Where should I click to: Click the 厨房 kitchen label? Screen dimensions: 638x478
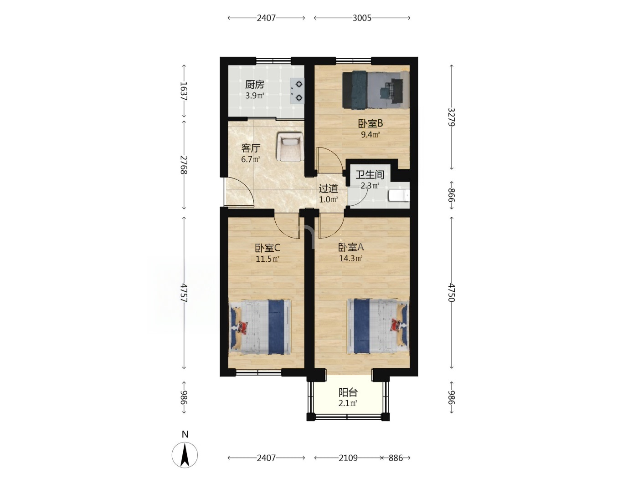tap(255, 85)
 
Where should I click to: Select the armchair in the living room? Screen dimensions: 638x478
tap(290, 147)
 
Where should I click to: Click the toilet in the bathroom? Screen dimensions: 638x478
tap(399, 195)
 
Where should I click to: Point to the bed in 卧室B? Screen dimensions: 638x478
tap(376, 90)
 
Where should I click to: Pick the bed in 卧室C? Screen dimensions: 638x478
tap(260, 327)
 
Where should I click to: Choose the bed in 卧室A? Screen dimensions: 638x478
tap(378, 326)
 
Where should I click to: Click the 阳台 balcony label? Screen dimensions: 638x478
tap(348, 393)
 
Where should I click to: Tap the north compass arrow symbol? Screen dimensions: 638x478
tap(185, 455)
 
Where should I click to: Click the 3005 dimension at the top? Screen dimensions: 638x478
tap(362, 18)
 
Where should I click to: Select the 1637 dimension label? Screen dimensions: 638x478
tap(184, 91)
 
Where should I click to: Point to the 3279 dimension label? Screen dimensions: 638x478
tap(451, 117)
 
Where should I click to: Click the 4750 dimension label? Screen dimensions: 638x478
tap(451, 293)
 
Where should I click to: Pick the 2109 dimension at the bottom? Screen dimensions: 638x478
tap(348, 458)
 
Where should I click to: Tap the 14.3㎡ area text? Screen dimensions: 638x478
tap(351, 258)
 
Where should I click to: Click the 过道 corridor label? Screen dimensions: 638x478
tap(329, 188)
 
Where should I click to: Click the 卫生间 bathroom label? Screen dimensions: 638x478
tap(370, 174)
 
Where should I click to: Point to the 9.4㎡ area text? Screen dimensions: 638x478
tap(370, 134)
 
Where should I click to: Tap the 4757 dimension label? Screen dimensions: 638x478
tap(184, 293)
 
